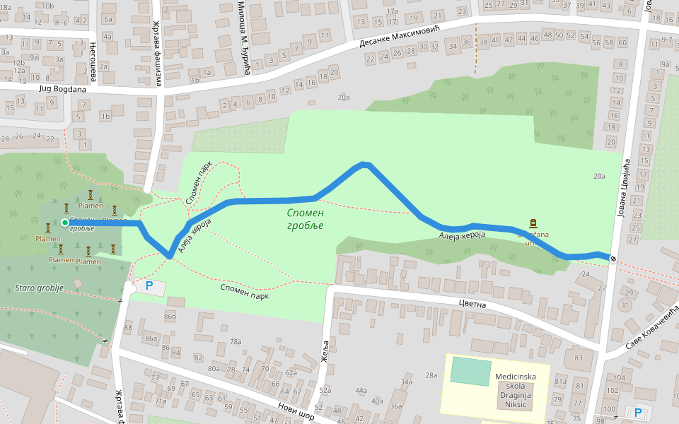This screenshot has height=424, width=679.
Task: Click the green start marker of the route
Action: pyautogui.click(x=65, y=223)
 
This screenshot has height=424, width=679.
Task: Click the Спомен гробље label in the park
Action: pyautogui.click(x=306, y=219)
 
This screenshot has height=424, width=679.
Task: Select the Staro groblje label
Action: pyautogui.click(x=40, y=288)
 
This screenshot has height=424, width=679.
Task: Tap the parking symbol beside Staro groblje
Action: pyautogui.click(x=149, y=286)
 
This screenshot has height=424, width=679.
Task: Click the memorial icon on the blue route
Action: pyautogui.click(x=533, y=222)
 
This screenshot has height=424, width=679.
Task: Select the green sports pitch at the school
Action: pyautogui.click(x=470, y=371)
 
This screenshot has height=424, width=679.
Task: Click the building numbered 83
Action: pyautogui.click(x=579, y=358)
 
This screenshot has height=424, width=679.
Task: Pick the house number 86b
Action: pyautogui.click(x=170, y=317)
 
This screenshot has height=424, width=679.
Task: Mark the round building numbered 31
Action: pyautogui.click(x=624, y=305)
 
